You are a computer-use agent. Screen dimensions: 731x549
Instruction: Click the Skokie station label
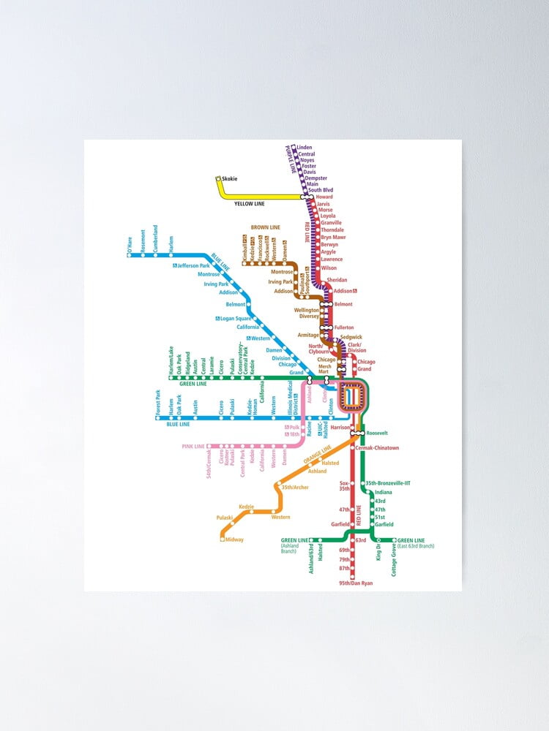pos(229,179)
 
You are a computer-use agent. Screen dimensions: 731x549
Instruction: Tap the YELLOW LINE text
pos(250,204)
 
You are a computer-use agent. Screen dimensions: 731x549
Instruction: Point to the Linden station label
pos(305,147)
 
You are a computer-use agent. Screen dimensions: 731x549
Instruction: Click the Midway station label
pos(234,539)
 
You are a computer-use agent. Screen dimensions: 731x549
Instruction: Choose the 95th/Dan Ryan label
pos(356,583)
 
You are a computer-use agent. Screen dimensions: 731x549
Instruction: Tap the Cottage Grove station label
pos(394,560)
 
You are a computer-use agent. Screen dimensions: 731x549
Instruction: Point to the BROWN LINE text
pos(265,227)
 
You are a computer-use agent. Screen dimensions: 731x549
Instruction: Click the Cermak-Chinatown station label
pos(377,447)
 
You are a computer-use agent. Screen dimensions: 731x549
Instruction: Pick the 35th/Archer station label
pos(294,487)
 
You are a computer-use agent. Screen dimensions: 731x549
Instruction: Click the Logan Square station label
pos(236,318)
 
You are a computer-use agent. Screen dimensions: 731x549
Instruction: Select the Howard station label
pos(324,197)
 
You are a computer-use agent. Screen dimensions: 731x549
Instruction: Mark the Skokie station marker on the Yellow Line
pos(218,179)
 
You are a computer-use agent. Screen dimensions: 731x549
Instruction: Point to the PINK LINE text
pos(193,446)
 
